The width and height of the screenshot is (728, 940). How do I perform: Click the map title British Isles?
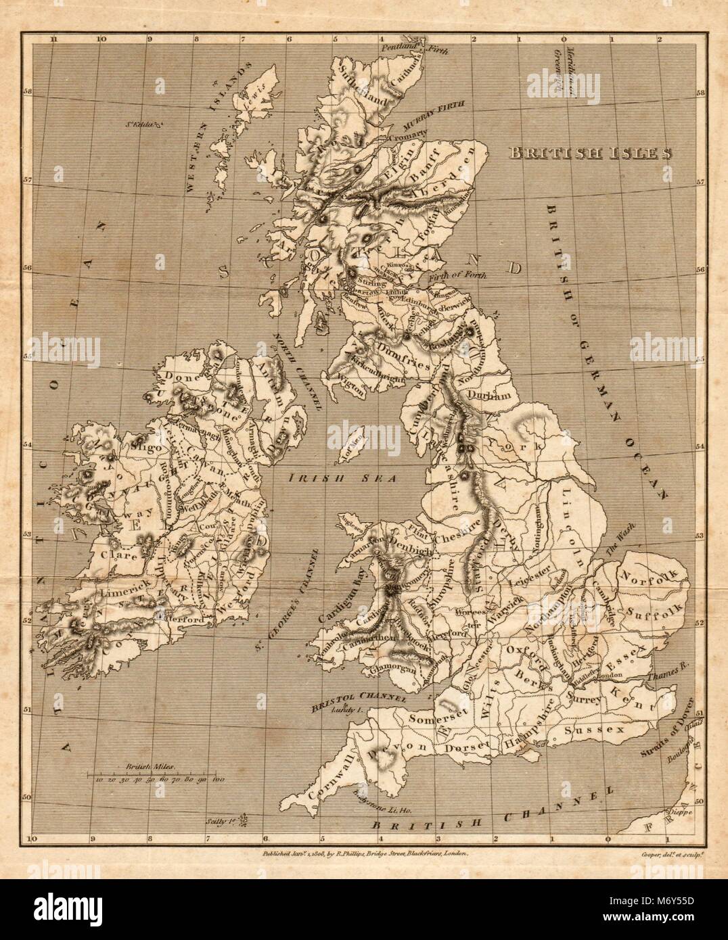coord(591,152)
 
